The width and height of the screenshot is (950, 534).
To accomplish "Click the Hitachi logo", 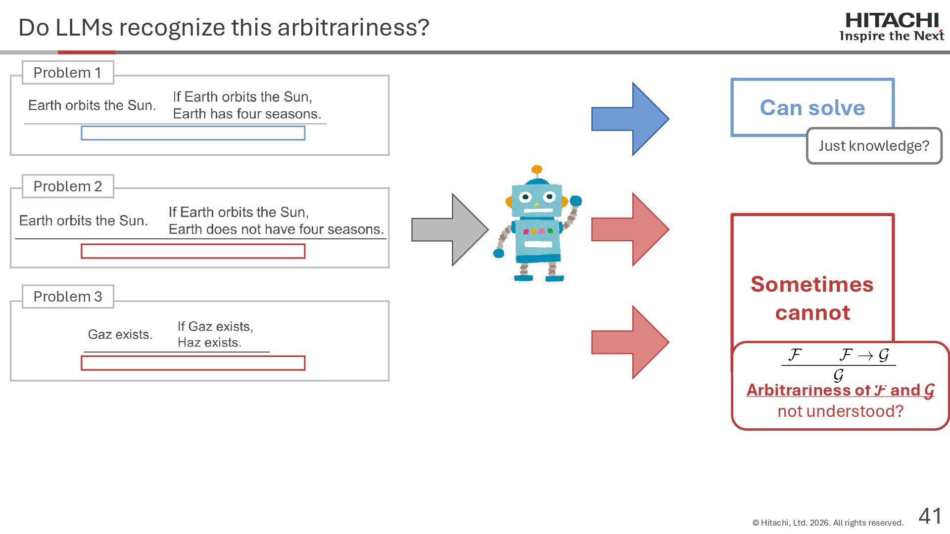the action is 892,27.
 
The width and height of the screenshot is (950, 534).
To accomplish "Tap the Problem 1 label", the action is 68,73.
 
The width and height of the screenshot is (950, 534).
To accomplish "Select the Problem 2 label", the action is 68,186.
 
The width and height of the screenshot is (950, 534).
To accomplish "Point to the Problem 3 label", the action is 68,297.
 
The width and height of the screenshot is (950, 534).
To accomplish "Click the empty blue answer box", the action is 193,133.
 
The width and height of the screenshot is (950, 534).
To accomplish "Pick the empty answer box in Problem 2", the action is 193,251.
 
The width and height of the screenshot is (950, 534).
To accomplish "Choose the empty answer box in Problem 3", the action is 193,363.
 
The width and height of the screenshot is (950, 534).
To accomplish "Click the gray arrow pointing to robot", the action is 449,229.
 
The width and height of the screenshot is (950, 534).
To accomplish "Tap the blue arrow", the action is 630,119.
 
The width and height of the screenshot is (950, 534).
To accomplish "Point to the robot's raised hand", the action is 575,201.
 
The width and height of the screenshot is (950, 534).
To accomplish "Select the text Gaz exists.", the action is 120,335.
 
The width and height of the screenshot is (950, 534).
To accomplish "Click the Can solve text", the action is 812,108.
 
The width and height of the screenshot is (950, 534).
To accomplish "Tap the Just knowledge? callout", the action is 874,146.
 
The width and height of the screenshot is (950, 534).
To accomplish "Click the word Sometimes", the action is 812,284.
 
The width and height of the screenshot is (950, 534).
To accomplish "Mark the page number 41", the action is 930,516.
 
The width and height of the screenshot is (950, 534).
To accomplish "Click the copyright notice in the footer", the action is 828,523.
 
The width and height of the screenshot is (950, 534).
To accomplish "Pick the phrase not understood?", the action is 840,411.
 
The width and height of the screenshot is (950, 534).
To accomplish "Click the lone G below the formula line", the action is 838,376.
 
